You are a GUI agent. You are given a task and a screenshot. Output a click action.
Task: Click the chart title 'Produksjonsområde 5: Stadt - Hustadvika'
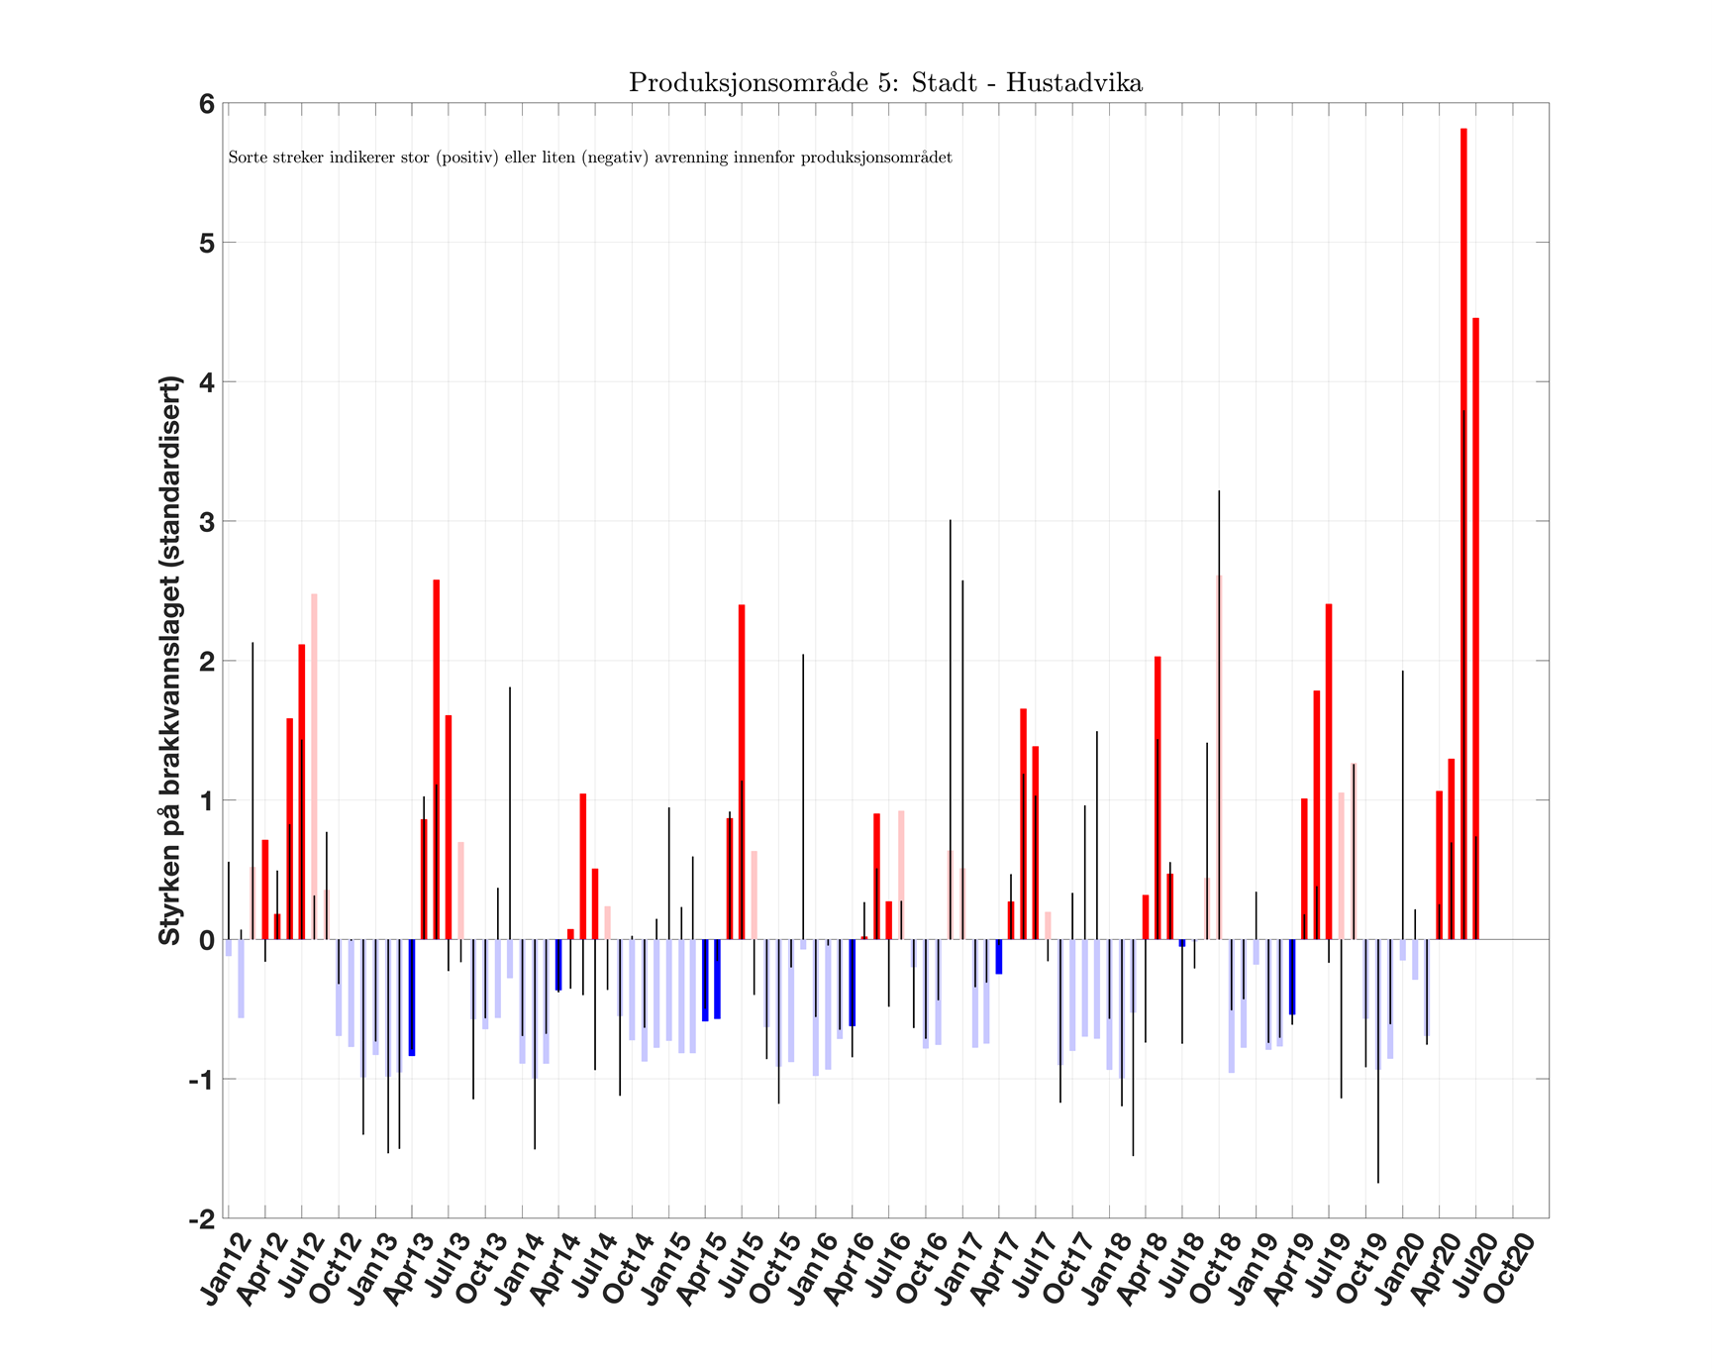point(885,83)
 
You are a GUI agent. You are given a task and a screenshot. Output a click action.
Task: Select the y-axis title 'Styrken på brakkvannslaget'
point(170,660)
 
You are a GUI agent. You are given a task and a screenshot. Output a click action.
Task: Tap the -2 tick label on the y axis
point(202,1219)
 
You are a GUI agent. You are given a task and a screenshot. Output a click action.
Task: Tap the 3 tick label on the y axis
point(206,522)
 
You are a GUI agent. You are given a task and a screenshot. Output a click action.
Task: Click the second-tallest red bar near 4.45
point(1475,629)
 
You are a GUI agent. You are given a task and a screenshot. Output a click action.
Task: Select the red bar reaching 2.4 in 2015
point(742,773)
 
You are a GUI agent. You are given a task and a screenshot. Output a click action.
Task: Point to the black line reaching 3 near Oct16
point(951,693)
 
